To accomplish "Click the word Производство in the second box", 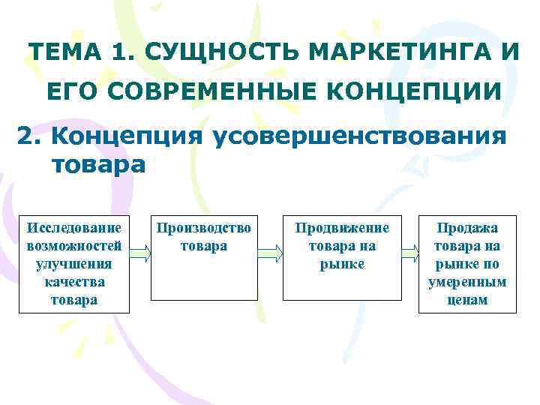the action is pos(204,226).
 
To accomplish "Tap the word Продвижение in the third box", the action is pos(342,226).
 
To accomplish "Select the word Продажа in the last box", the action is pos(468,226).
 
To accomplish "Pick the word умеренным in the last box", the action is pos(468,282).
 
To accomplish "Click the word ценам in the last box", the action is pos(468,300).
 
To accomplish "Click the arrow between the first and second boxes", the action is pos(140,253).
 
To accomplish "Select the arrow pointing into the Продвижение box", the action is pos(271,253).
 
